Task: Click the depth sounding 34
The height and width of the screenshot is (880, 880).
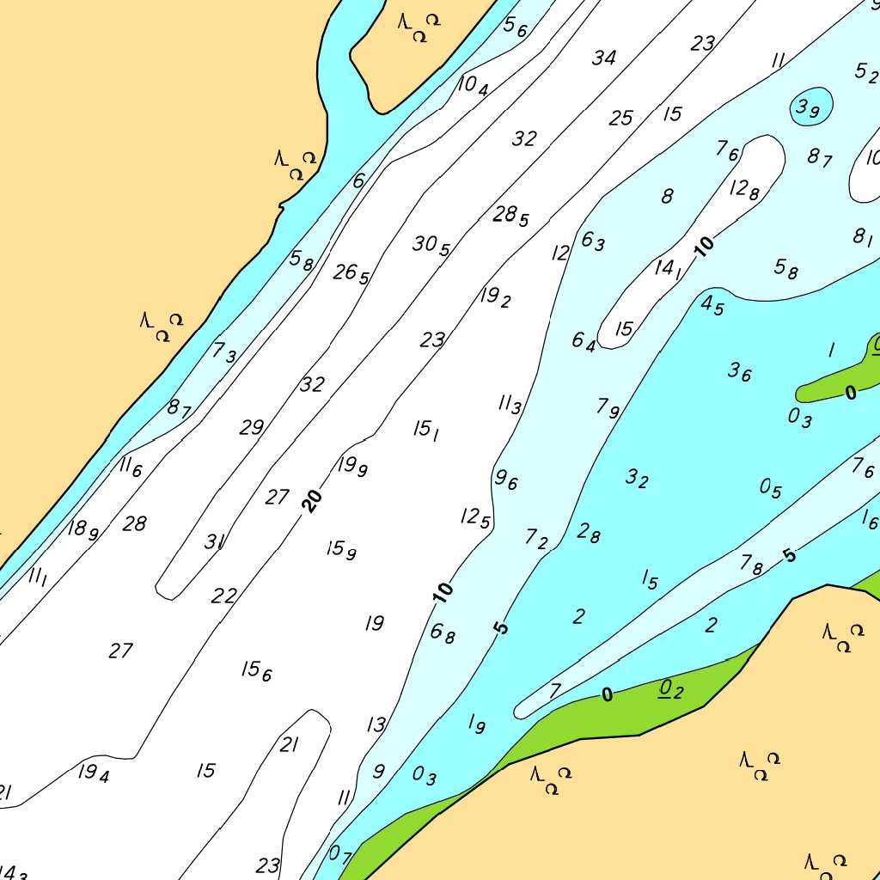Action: (604, 58)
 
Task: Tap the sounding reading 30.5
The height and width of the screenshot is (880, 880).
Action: (431, 246)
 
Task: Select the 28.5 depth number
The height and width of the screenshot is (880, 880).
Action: (510, 216)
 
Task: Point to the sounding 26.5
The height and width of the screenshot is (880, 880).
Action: (351, 274)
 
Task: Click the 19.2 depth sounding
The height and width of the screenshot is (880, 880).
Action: (496, 297)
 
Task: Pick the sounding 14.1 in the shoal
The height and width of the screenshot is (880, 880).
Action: (668, 269)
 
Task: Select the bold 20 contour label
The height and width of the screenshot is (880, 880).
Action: (313, 500)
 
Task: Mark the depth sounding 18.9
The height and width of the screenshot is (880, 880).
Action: (83, 529)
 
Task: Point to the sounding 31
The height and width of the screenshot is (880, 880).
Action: (215, 542)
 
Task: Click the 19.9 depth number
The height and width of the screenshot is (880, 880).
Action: (352, 467)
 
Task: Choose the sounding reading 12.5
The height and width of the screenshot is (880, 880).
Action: (475, 517)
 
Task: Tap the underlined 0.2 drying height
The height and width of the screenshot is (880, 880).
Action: (670, 689)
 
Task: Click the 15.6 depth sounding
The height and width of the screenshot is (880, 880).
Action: (256, 670)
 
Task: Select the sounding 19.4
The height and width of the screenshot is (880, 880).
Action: (94, 773)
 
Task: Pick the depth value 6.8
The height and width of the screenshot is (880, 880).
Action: (443, 634)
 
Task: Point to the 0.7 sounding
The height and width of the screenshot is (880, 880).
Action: (340, 854)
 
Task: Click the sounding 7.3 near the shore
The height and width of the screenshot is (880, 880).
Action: (224, 351)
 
